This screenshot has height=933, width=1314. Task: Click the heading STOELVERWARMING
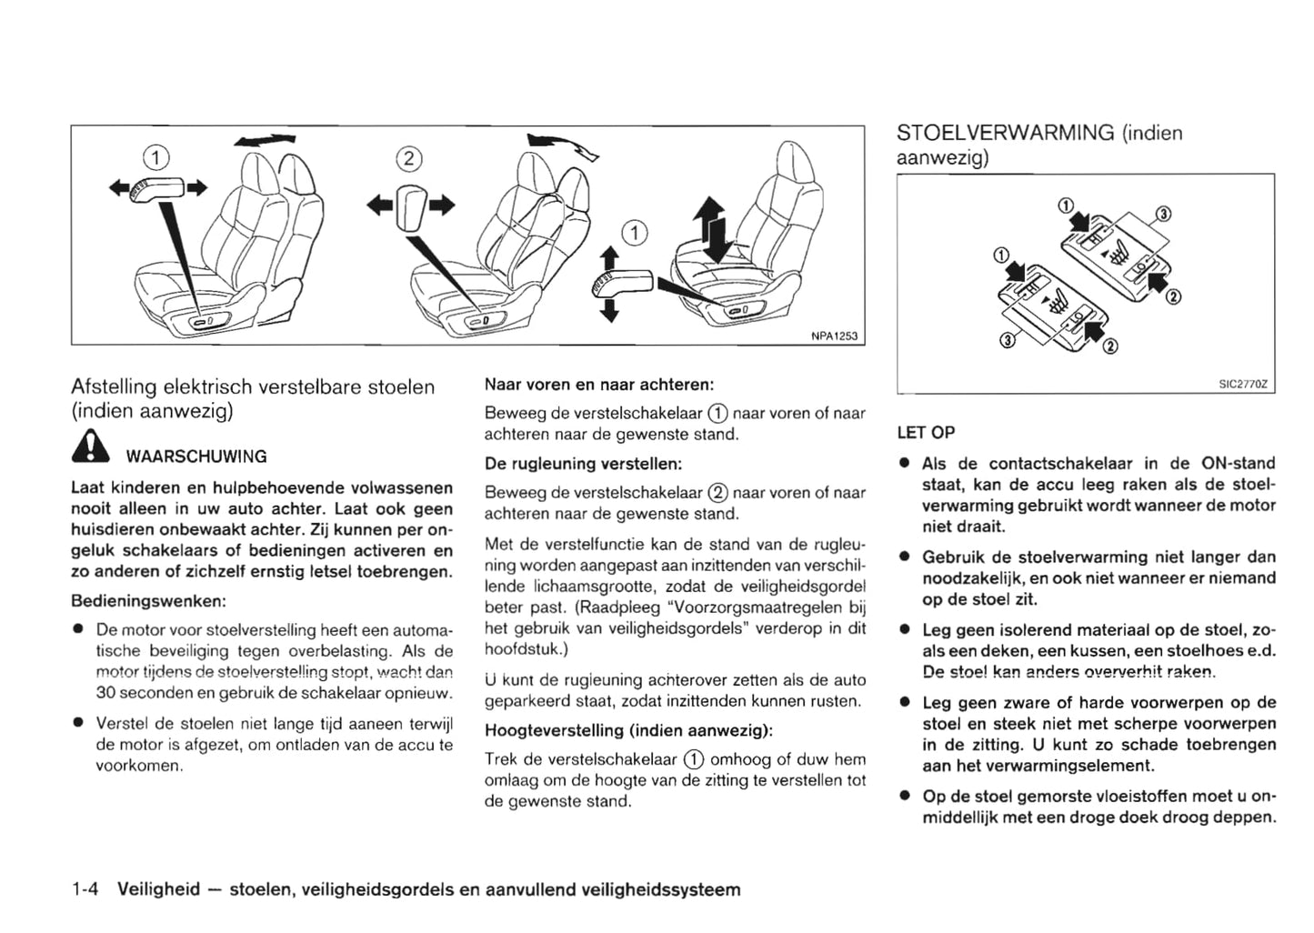pos(1005,133)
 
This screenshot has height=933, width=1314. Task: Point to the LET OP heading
pos(926,433)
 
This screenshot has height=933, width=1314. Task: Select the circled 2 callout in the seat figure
pos(408,159)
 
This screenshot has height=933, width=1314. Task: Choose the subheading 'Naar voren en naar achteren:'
pos(598,384)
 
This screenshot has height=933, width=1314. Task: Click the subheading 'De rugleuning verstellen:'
pos(583,464)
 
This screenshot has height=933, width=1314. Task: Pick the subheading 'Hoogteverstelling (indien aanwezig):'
pos(628,730)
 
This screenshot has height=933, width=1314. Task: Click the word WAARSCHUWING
pos(196,456)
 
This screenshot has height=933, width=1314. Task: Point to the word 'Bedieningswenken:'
pos(148,601)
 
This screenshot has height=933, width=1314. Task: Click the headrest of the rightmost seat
pos(796,165)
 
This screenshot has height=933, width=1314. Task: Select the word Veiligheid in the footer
pos(159,889)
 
